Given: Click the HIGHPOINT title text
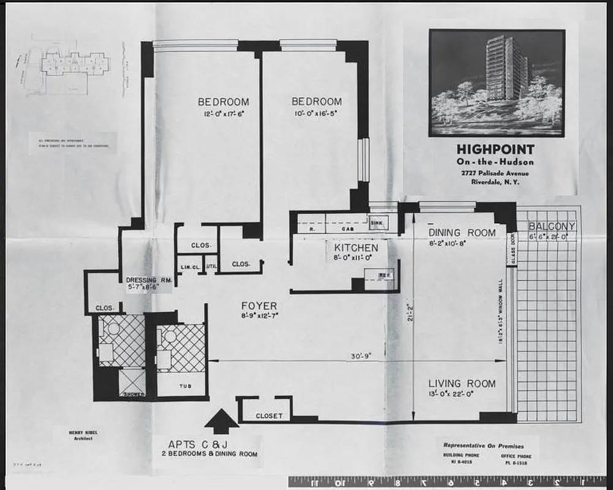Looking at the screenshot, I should coord(495,149).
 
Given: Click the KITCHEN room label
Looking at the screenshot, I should coord(356,248).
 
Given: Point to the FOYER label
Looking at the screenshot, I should coord(258,306).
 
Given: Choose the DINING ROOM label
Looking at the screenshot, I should coord(462,233).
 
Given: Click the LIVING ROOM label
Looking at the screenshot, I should coord(461,383).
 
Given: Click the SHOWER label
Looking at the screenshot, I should coord(133,394).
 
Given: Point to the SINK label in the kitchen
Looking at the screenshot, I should coord(377,224).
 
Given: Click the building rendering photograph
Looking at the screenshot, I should coord(496,83).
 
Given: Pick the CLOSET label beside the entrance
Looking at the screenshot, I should coord(269,416).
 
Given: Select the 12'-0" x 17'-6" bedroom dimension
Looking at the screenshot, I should coord(223,114).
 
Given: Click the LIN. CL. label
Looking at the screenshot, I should coord(189,266).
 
